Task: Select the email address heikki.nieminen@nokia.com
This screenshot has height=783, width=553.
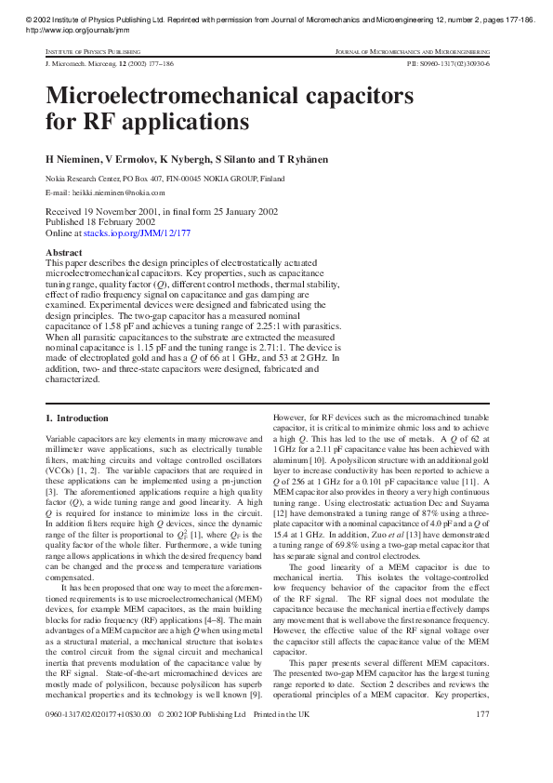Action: click(x=118, y=192)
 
